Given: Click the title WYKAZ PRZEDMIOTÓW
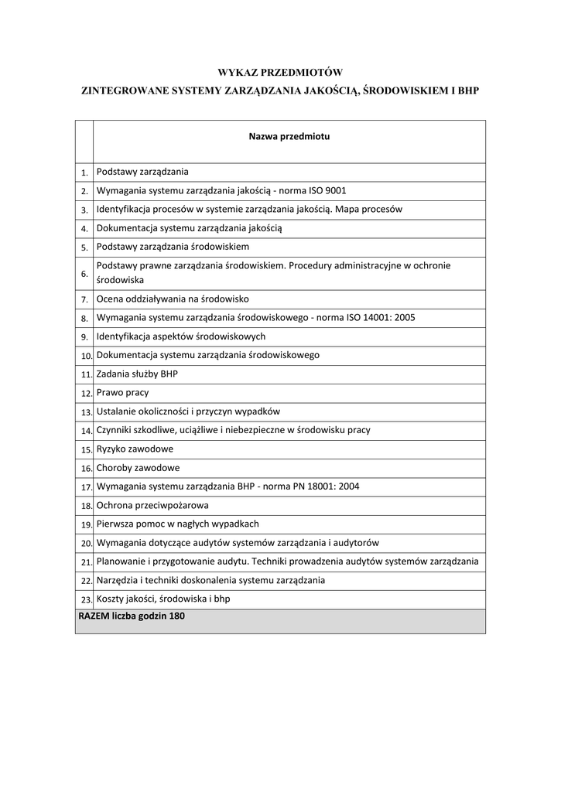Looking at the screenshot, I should (x=279, y=72).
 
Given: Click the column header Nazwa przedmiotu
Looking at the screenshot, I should (x=289, y=136).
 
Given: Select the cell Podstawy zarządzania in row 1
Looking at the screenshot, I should (x=142, y=172).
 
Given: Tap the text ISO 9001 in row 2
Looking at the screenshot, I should (x=327, y=190).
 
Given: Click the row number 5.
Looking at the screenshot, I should (x=84, y=247).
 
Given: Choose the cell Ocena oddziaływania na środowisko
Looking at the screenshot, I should (x=173, y=299).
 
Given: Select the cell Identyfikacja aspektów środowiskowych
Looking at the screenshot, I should (x=181, y=336).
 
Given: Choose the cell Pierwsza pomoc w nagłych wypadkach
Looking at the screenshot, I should (x=177, y=524).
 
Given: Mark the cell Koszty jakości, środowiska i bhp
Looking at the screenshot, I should (x=163, y=599).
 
